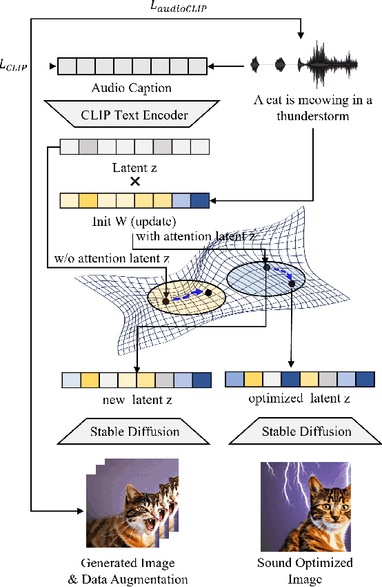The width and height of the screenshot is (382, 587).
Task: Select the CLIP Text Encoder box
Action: (x=131, y=115)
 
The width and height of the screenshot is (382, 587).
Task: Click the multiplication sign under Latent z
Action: (x=135, y=182)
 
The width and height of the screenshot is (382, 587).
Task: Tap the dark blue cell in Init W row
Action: (x=199, y=201)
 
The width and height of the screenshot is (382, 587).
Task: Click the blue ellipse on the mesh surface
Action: (x=265, y=280)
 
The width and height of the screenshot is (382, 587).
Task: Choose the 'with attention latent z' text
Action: (x=197, y=237)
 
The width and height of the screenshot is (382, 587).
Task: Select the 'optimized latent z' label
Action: (x=301, y=399)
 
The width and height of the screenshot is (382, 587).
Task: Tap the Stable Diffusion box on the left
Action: (x=135, y=432)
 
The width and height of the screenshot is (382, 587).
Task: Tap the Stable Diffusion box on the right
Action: (x=306, y=432)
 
